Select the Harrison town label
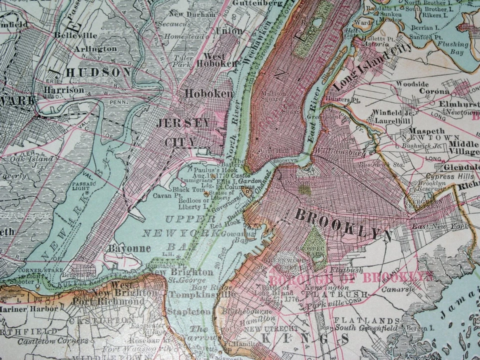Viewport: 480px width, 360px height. coord(64,90)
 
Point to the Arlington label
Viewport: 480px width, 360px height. coord(95,49)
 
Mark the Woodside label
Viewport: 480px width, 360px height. coord(412,83)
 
